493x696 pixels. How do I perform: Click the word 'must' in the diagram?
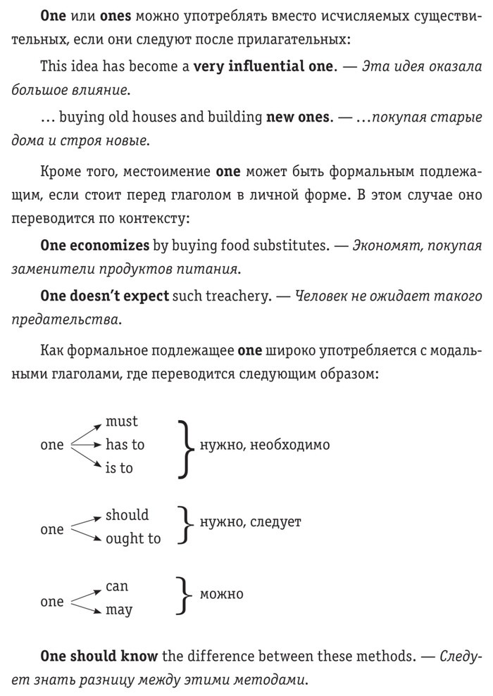tap(121, 422)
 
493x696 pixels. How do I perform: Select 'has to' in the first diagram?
tap(125, 445)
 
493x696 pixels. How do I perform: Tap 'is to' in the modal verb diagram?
tap(119, 468)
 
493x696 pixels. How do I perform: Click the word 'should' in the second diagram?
tap(127, 515)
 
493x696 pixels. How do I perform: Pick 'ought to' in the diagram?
tap(133, 538)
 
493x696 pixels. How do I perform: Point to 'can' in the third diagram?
tap(117, 586)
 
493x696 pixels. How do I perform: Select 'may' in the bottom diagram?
tap(118, 610)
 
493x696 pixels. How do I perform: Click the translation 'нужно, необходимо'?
tap(265, 445)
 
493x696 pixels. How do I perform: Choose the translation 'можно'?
tap(221, 594)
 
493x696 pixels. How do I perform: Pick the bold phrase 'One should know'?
tap(100, 657)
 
